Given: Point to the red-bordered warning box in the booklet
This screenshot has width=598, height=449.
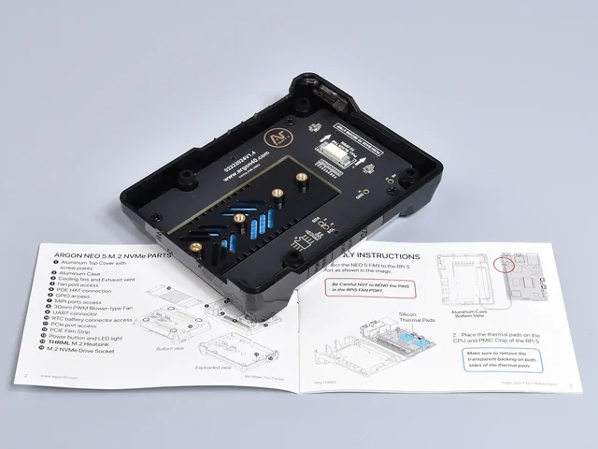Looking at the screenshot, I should pos(363,287).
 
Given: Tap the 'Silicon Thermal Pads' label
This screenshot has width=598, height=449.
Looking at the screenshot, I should pos(417,319).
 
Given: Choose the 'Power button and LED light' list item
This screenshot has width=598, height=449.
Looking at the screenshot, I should pos(83,335).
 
